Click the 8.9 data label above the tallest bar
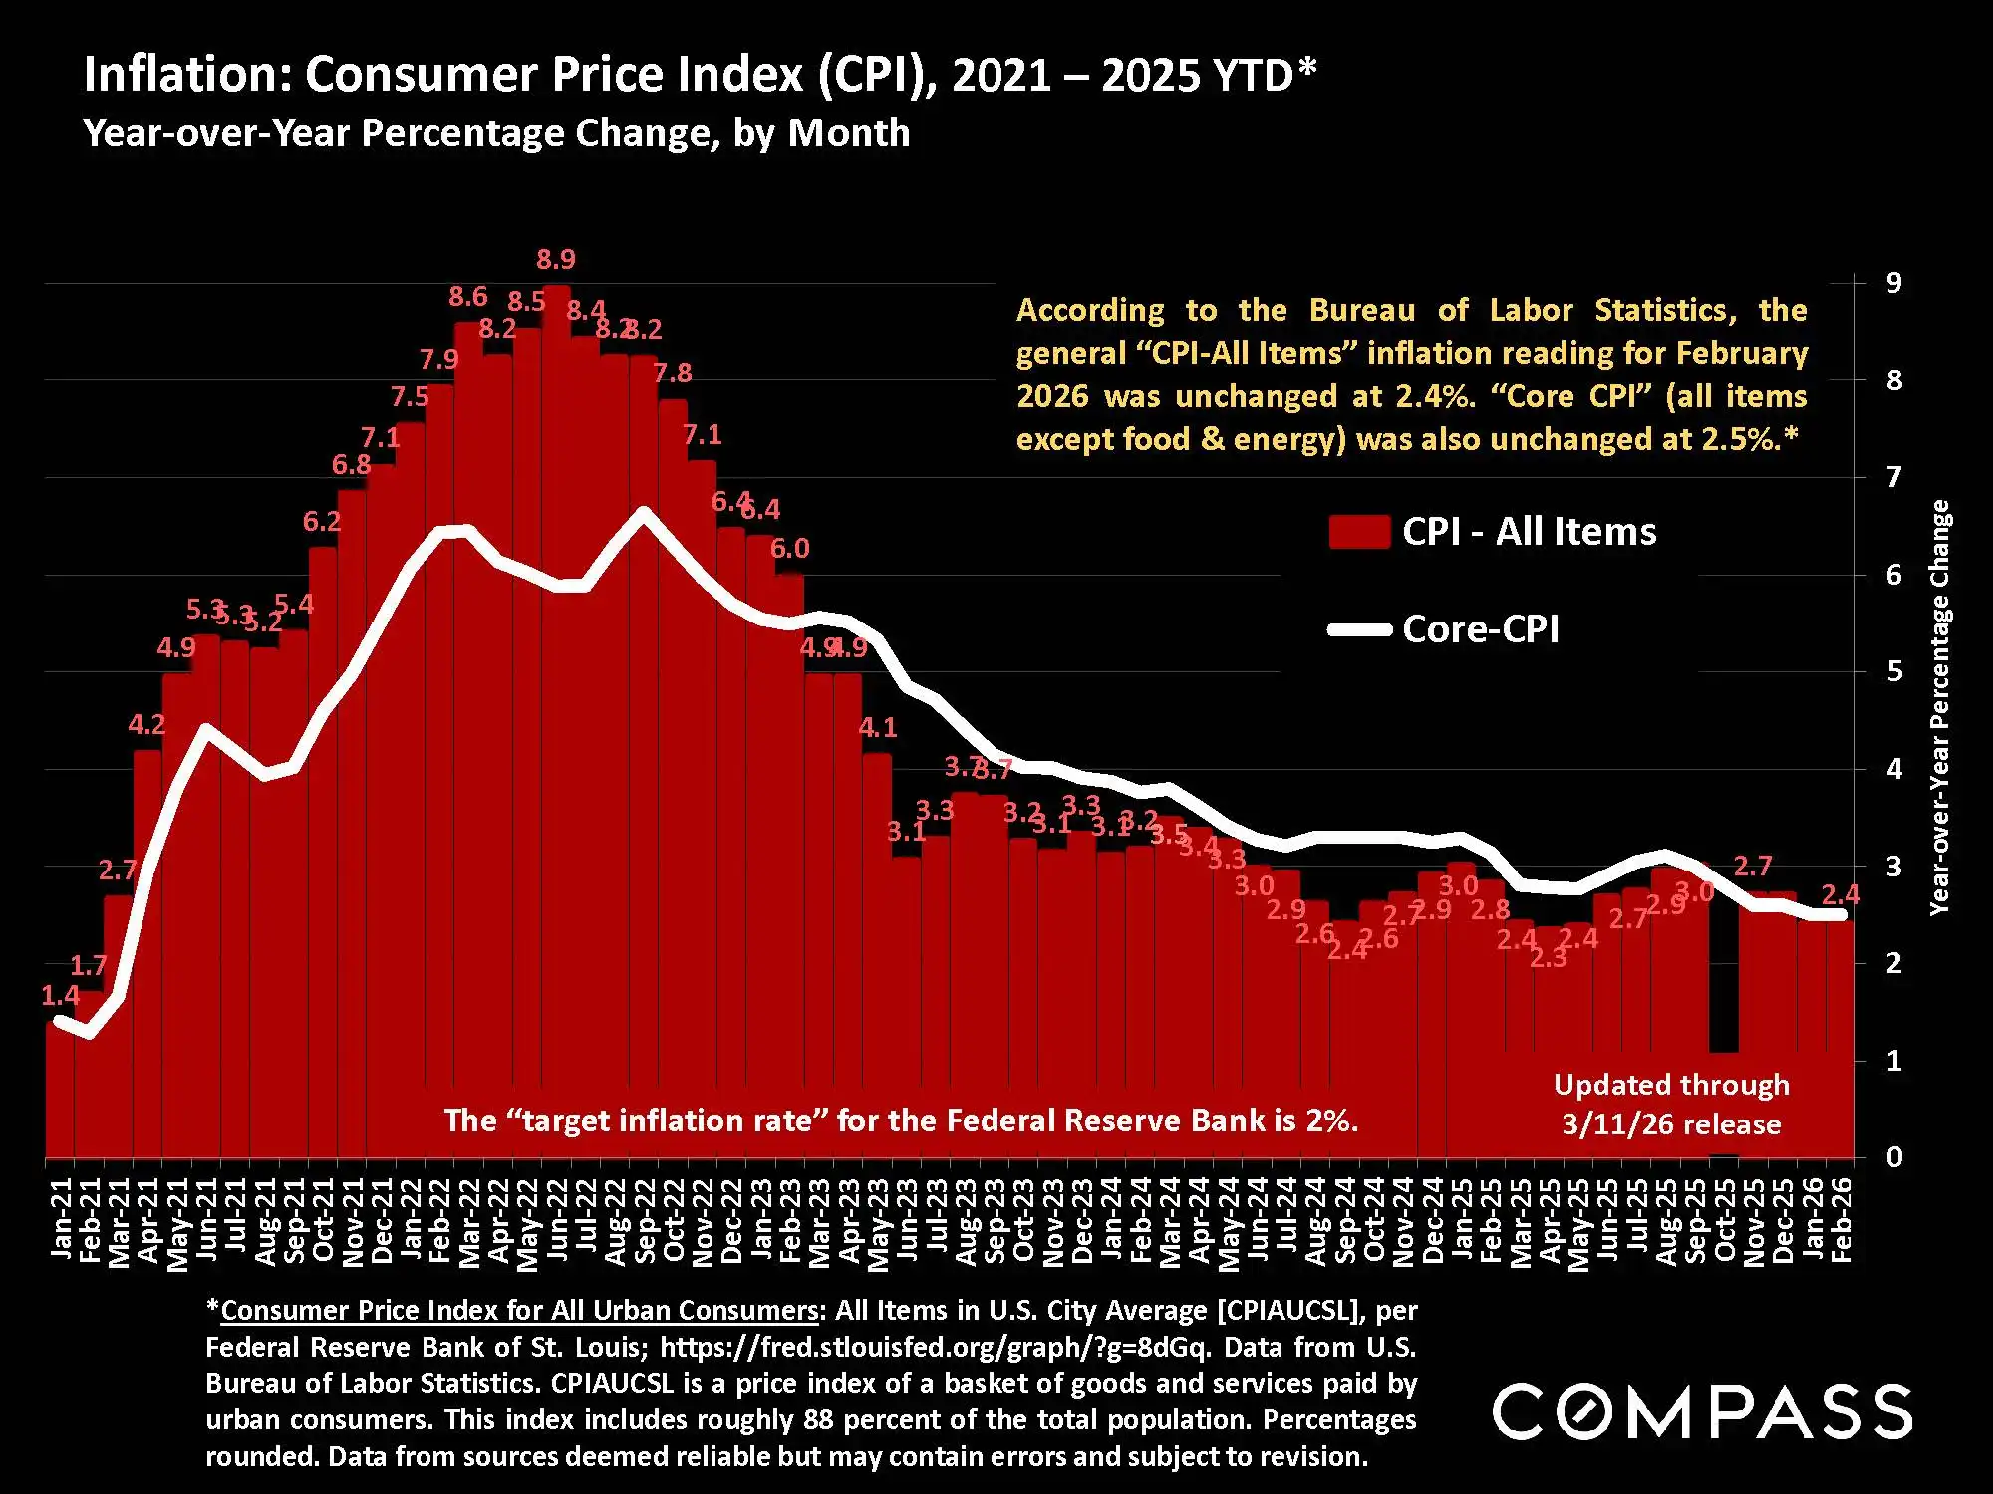556,260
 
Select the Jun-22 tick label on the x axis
558,1219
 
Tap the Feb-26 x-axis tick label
1842,1219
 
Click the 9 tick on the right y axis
1893,283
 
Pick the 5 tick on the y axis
1893,671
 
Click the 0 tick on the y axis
1893,1157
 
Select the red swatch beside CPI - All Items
1359,532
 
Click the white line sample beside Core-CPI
1359,629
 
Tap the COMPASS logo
1702,1411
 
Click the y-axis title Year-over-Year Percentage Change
1939,707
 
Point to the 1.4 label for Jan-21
60,995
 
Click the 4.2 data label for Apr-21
146,725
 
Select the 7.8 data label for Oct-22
673,373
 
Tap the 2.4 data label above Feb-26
1841,894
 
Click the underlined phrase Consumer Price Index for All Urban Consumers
518,1310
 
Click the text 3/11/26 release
1671,1124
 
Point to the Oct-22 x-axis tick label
675,1219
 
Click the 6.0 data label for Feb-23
790,549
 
